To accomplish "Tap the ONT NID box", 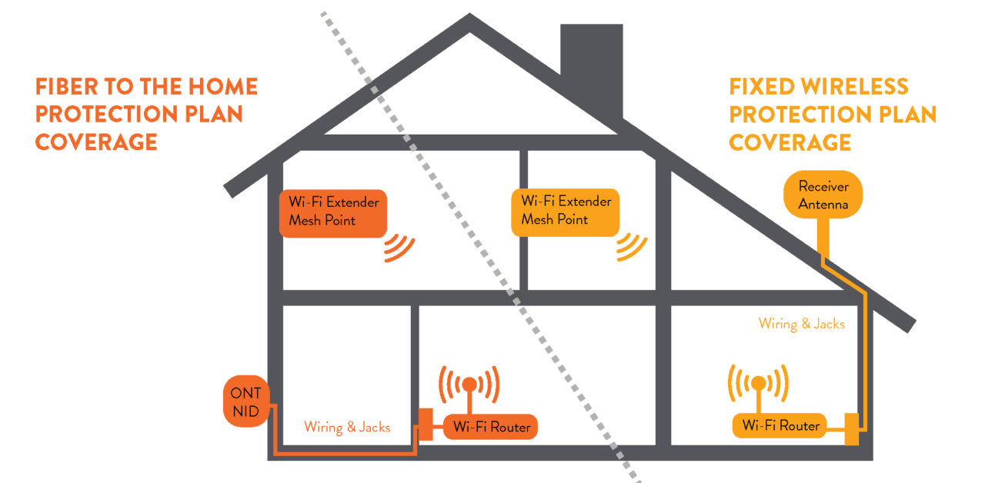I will click(246, 403).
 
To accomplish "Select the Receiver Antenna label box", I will click(823, 195).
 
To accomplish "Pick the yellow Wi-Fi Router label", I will click(780, 425).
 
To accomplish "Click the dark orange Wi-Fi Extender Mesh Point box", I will click(332, 212).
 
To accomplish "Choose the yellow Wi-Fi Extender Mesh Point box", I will click(565, 210).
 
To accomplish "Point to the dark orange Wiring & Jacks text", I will click(346, 427).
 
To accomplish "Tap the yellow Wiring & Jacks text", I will click(801, 324).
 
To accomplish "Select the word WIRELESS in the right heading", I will click(858, 86).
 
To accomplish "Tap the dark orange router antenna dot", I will click(469, 381).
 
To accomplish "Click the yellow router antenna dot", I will click(758, 381).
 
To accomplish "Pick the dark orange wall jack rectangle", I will click(425, 423).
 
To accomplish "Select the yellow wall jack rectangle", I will click(851, 428).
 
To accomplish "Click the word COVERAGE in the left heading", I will click(96, 142).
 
